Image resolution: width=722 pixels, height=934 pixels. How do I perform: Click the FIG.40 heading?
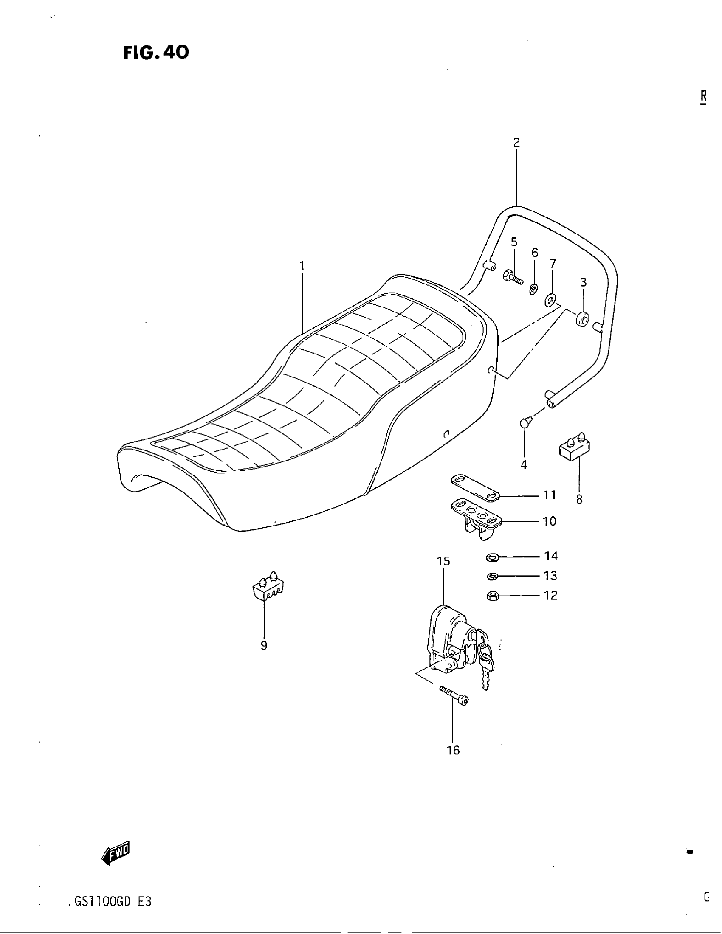[x=156, y=53]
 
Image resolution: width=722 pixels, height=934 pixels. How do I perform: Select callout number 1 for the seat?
[x=302, y=266]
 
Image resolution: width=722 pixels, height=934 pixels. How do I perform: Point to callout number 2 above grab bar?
[x=517, y=142]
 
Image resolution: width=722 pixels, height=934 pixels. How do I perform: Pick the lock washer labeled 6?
[x=533, y=290]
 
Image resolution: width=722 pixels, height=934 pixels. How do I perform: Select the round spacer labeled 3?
[x=583, y=319]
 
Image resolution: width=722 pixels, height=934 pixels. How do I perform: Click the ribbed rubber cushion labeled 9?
[x=268, y=588]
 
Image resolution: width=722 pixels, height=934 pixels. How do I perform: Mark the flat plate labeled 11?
[x=475, y=487]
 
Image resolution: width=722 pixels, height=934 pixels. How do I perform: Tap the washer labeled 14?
[x=493, y=557]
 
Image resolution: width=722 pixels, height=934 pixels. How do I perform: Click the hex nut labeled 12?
[x=493, y=596]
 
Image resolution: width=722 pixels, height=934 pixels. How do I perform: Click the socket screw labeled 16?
[x=454, y=697]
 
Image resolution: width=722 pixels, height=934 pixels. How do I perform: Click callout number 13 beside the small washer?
[x=550, y=576]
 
